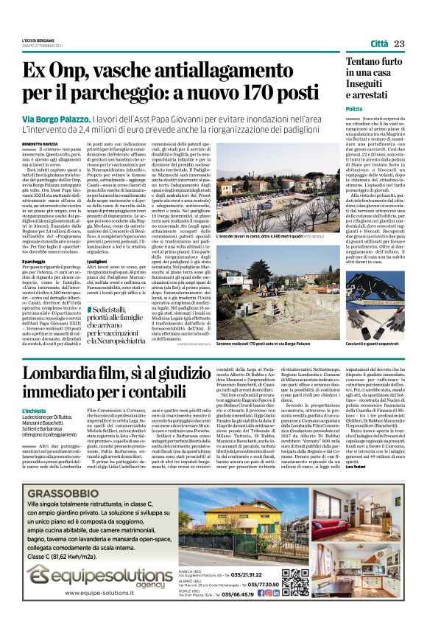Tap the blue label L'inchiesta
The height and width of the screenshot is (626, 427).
36,411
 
